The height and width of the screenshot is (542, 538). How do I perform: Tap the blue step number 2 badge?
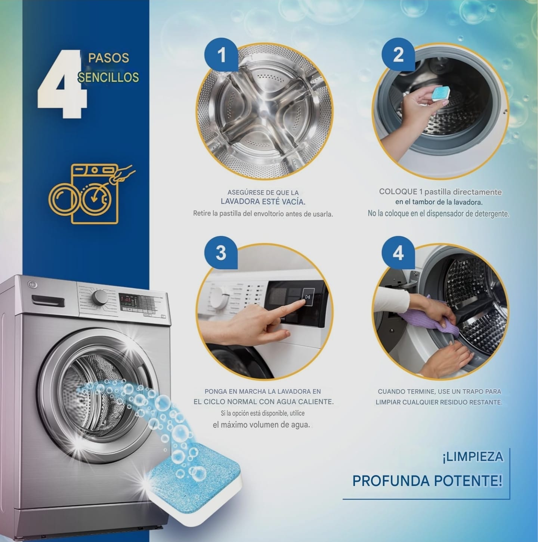[x=398, y=55]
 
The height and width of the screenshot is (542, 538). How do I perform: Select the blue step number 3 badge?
[x=221, y=253]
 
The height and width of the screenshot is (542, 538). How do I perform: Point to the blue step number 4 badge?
[x=398, y=253]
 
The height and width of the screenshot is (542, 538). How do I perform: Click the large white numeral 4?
[x=62, y=84]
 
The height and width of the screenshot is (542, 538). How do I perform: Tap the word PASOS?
[x=109, y=58]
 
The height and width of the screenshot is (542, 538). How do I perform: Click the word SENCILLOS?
[x=108, y=77]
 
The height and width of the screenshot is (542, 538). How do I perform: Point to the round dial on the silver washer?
[x=100, y=297]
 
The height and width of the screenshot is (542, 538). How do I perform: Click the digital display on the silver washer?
[x=128, y=302]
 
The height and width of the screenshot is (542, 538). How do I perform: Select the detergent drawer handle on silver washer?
[x=48, y=301]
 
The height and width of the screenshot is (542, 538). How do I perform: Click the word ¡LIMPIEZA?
[x=473, y=456]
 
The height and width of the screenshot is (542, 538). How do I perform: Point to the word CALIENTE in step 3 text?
[x=316, y=402]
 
